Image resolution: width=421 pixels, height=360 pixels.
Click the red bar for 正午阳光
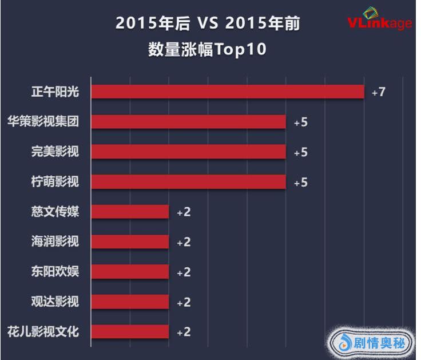(x=228, y=92)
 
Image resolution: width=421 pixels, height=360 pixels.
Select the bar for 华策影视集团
(x=188, y=122)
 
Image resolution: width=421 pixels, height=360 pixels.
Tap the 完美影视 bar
(x=188, y=152)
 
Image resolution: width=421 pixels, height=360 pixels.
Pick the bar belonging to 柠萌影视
(x=188, y=182)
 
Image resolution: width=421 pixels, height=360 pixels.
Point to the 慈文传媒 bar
(x=130, y=212)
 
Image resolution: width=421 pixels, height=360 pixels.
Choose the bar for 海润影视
(x=130, y=242)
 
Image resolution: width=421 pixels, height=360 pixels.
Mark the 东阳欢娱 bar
(x=130, y=271)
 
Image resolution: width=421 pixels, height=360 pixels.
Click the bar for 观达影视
(x=130, y=302)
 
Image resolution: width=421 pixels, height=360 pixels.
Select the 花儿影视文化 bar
(x=130, y=331)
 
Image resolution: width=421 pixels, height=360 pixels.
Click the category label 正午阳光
(x=55, y=92)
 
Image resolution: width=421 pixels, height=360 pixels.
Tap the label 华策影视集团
(x=43, y=122)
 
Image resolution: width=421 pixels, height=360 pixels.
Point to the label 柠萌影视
(x=55, y=182)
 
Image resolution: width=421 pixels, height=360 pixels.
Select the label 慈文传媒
(x=55, y=212)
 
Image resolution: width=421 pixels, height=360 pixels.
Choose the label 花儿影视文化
(x=43, y=331)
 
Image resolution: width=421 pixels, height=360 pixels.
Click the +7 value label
(x=378, y=92)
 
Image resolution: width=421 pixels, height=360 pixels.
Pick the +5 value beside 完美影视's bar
(x=300, y=152)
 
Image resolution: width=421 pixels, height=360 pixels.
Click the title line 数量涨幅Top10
(x=208, y=49)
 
